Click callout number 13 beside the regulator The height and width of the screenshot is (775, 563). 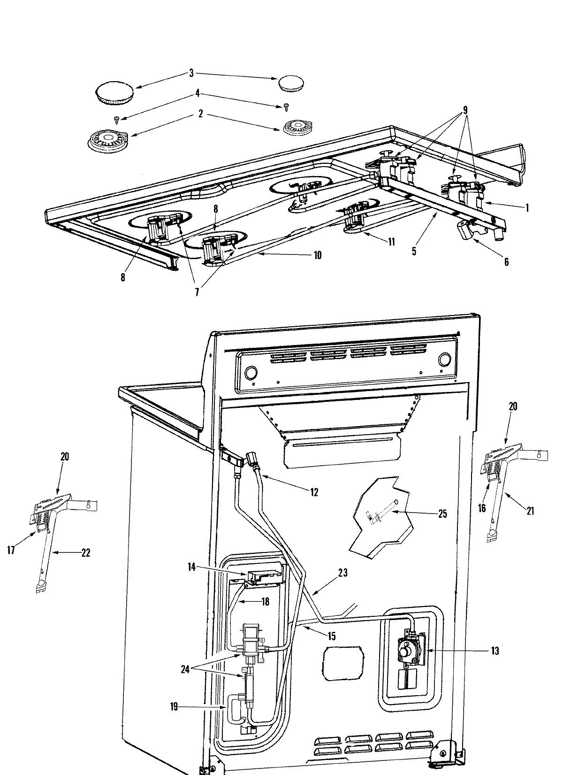point(495,651)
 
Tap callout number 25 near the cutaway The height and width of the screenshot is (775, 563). point(442,514)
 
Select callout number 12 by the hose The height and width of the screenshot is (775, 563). point(314,492)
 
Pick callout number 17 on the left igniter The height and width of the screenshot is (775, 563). point(11,550)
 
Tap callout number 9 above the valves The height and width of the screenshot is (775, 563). point(465,111)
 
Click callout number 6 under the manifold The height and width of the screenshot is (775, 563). point(506,262)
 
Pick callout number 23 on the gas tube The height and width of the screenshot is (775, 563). point(343,573)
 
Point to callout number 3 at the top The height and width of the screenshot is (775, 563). point(191,73)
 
